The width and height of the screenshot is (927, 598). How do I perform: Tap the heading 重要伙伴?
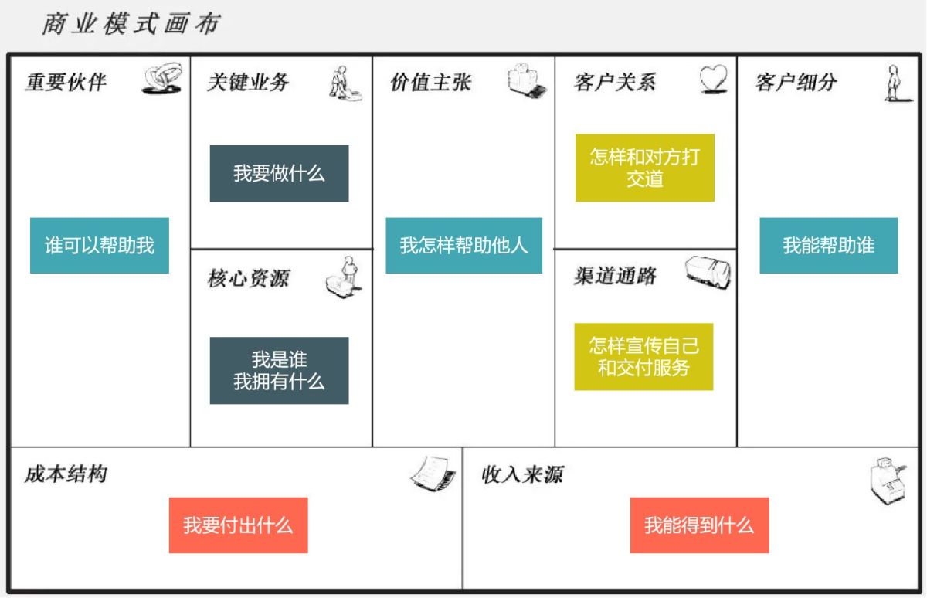click(66, 82)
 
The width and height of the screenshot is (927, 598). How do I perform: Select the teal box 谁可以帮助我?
click(100, 246)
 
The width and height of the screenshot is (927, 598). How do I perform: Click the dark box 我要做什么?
click(279, 173)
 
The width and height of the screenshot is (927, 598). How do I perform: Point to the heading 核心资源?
click(248, 278)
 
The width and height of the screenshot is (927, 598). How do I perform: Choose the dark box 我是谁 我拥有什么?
click(279, 370)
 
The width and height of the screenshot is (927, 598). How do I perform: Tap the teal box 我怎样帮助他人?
click(463, 246)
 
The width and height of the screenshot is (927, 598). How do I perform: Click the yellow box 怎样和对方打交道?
click(644, 168)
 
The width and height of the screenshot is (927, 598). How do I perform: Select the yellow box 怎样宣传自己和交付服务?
click(643, 356)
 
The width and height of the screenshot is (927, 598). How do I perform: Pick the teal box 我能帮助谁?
click(828, 246)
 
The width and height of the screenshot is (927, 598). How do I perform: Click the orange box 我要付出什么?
click(238, 525)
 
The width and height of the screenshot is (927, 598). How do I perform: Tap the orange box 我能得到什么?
click(699, 525)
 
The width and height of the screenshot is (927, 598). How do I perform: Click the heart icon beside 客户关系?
click(714, 80)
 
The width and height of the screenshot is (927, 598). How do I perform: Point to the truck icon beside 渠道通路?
click(708, 272)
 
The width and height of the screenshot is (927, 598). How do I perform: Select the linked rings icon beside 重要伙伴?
click(161, 80)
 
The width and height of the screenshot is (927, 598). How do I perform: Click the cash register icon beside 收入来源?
click(886, 481)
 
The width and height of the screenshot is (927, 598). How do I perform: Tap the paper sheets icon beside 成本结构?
click(433, 474)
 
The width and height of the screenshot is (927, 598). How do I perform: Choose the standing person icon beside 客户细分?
click(896, 83)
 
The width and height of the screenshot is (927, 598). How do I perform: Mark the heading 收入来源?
click(522, 474)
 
